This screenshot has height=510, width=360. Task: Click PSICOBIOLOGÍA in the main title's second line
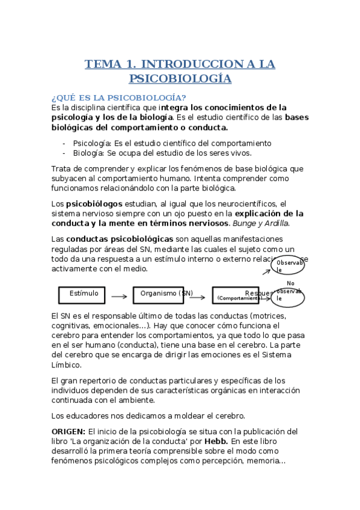click(x=180, y=79)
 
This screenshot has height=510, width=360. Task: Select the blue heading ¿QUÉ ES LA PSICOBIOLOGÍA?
click(x=118, y=98)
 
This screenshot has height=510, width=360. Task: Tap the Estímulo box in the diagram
click(x=84, y=295)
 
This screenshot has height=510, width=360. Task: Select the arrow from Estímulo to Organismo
click(x=119, y=296)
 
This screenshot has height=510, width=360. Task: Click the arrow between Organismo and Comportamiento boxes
click(x=202, y=296)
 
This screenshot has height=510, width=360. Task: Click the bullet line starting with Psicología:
click(x=172, y=143)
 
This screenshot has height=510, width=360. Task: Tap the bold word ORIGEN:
click(x=69, y=432)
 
